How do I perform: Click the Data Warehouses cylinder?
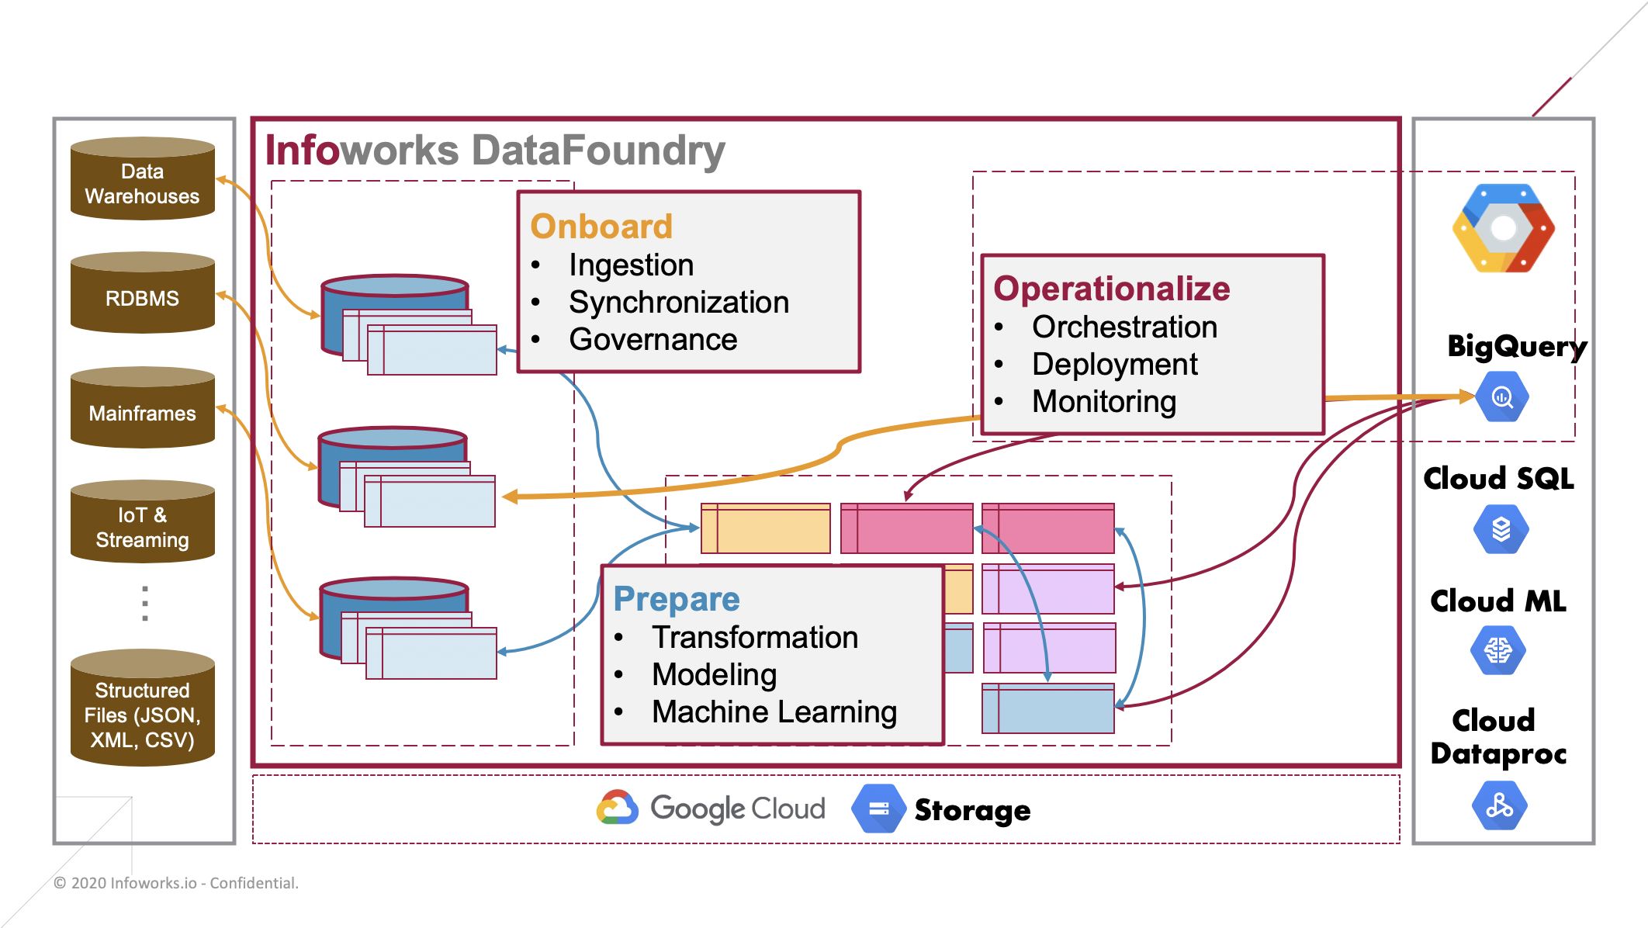(x=142, y=180)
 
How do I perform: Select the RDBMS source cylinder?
(x=142, y=294)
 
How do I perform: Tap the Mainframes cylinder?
(x=142, y=409)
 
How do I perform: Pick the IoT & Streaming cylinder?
(x=142, y=523)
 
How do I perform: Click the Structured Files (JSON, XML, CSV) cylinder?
(x=142, y=709)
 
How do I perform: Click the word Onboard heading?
(x=601, y=227)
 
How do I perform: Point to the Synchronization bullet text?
(x=678, y=303)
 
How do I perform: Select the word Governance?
(x=653, y=340)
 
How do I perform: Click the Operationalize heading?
(x=1111, y=289)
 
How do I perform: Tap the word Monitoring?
(x=1103, y=402)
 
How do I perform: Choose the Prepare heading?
(x=676, y=599)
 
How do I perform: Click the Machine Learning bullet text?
(x=774, y=712)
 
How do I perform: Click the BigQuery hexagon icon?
(x=1501, y=397)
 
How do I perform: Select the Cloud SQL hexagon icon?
(x=1501, y=529)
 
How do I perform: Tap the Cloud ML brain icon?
(x=1498, y=650)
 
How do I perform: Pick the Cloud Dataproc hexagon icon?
(x=1499, y=805)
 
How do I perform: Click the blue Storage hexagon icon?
(x=878, y=809)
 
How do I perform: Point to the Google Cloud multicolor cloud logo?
(x=618, y=808)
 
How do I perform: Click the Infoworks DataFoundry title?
(x=495, y=151)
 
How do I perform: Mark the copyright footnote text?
(x=176, y=883)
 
